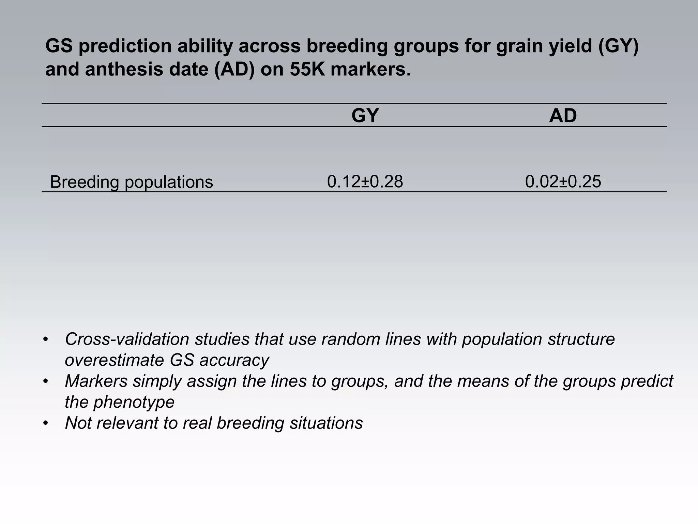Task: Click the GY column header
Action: [365, 116]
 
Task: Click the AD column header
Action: [563, 116]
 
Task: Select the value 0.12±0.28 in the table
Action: [365, 181]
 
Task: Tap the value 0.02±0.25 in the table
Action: [563, 181]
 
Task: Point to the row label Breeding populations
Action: [131, 182]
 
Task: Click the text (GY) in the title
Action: [618, 46]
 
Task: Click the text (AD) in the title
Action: [234, 69]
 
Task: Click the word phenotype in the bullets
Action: [134, 402]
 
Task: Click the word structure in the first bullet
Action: [581, 339]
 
